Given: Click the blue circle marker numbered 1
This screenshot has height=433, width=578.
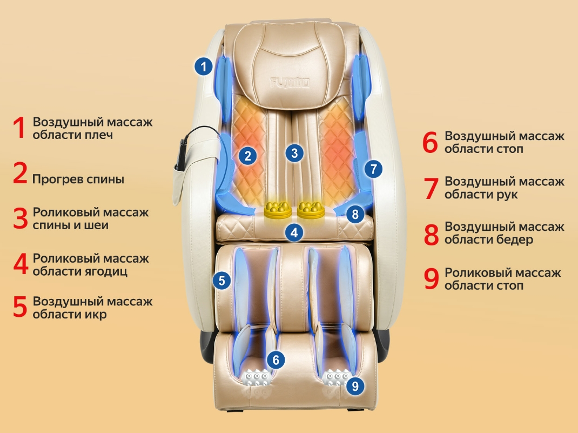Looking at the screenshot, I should (x=203, y=67).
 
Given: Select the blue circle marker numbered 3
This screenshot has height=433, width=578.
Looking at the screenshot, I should (x=294, y=153).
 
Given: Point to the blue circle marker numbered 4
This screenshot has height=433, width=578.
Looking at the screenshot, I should (x=293, y=233).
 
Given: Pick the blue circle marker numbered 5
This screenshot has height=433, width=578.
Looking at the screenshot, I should (x=221, y=279).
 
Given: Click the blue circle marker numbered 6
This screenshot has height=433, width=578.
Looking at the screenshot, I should (x=276, y=360).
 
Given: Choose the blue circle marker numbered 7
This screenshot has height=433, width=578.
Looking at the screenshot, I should (x=373, y=168).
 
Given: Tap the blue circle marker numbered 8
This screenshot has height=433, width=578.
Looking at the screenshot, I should (x=355, y=214).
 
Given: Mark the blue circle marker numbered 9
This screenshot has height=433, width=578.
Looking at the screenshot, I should (x=354, y=386).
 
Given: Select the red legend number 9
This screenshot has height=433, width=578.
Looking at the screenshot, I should (x=431, y=278).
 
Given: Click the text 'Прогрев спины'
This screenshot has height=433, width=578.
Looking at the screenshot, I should (x=78, y=179).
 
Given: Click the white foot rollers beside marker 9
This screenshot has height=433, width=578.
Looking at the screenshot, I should (x=335, y=377).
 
